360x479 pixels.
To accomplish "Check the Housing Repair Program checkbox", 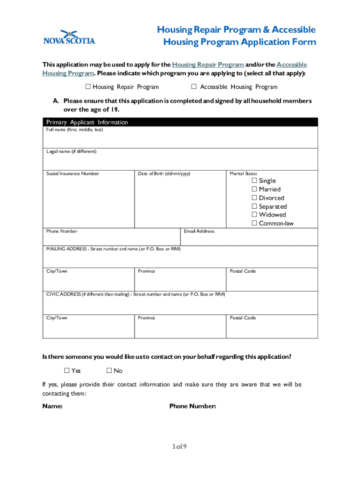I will pos(88,87).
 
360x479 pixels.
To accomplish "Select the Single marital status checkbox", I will pos(254,181).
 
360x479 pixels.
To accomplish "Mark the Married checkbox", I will pos(254,189).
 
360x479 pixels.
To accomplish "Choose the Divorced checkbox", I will pos(254,198).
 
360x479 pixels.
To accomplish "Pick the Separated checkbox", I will pos(254,206).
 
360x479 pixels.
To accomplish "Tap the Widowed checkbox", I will pos(254,215).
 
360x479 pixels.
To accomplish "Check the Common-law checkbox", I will pos(254,223).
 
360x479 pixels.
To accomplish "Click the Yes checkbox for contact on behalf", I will pos(67,370).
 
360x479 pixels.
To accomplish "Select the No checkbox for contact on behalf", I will pos(109,370).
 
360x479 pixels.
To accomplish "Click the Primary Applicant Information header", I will pos(87,122).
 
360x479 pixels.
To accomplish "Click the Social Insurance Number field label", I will pos(72,174).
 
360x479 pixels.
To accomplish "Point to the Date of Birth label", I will pos(164,174).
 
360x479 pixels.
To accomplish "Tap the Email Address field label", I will pos(199,231).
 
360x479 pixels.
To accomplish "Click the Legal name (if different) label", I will pos(71,152).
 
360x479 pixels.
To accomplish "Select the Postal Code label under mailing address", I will pos(243,271).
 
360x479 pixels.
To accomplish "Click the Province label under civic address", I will pos(146,318).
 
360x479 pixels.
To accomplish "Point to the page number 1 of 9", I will pos(179,447).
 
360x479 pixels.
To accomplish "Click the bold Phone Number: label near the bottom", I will pos(193,406).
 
